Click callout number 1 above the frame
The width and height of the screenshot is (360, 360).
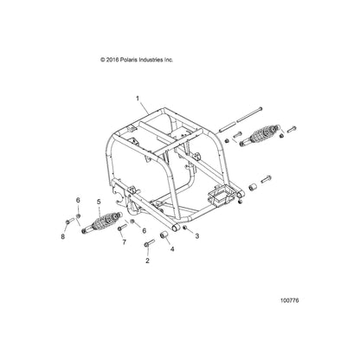pos(138,99)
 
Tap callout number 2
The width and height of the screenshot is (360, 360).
pos(147,260)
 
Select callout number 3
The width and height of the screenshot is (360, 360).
pos(197,236)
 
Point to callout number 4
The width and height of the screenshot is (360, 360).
pos(172,248)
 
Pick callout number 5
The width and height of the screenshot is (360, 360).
pos(99,202)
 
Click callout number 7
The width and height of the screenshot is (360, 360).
pos(125,242)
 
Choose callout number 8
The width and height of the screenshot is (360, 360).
pos(63,237)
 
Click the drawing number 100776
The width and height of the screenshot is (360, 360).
pos(290,300)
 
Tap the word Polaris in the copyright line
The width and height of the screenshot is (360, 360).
pos(127,60)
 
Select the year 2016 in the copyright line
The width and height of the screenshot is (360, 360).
pos(112,60)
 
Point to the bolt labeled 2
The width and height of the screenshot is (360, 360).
pos(149,243)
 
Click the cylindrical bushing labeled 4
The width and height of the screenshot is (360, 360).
pos(164,235)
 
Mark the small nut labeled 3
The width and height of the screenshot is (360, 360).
pos(185,228)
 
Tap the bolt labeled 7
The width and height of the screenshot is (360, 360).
pos(122,227)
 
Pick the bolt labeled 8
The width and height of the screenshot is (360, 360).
pos(70,221)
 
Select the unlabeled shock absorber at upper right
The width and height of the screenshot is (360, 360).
pos(260,135)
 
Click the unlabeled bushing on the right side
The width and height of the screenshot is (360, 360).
pos(253,187)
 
